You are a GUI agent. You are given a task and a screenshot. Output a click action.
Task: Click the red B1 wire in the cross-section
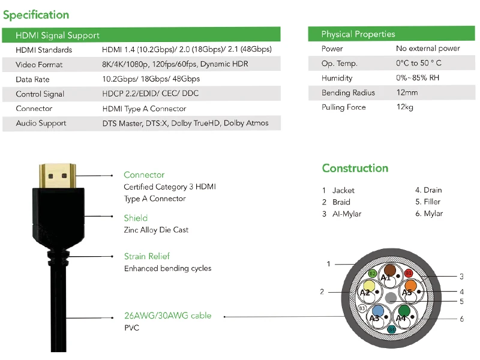pos(409,273)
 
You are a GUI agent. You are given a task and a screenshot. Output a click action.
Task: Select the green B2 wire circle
pos(372,274)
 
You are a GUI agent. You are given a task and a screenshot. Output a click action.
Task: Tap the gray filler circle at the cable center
pos(391,297)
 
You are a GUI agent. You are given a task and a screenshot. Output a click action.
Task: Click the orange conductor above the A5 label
pos(410,286)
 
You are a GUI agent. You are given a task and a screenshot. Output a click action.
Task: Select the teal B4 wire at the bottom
pos(391,329)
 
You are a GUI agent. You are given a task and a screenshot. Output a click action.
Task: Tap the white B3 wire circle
pos(362,308)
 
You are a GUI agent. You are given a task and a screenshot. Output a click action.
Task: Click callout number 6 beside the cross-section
pos(461,319)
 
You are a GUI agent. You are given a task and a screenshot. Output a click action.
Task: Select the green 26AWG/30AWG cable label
pos(167,316)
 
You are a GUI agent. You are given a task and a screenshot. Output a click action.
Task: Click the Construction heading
pos(355,169)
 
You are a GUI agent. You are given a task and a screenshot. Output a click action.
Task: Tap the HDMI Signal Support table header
pos(58,35)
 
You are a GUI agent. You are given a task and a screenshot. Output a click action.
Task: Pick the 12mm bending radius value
pos(407,93)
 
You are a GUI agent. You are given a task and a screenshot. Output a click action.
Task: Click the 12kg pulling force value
pos(405,107)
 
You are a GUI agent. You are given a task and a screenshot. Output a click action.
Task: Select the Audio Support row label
pos(41,124)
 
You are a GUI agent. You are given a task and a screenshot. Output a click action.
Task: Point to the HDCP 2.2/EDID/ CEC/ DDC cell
pos(150,94)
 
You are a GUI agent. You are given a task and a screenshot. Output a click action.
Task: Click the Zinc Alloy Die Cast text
pos(156,230)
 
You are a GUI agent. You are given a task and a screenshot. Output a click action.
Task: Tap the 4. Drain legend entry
pos(428,190)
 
